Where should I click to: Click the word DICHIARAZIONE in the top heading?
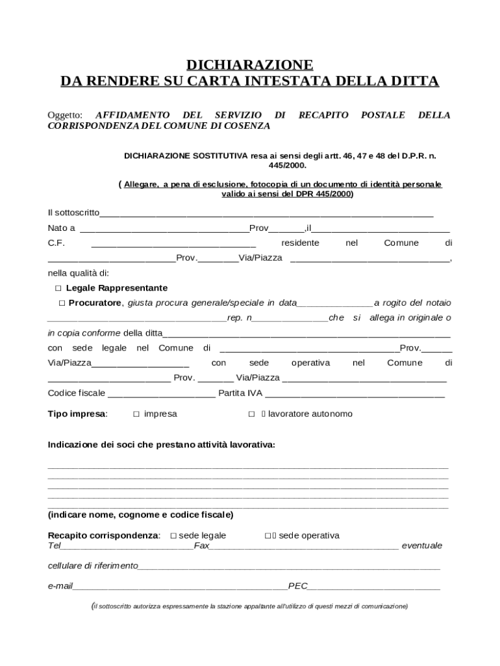[x=250, y=65]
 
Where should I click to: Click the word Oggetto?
[x=65, y=115]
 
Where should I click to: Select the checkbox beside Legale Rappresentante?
[x=58, y=288]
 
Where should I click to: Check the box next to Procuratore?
[x=62, y=303]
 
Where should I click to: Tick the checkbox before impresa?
[x=136, y=414]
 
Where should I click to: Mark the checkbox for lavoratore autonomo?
[x=251, y=414]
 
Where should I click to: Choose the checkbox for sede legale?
[x=173, y=536]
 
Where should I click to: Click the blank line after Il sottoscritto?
[x=266, y=213]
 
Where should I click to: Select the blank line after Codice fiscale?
[x=161, y=394]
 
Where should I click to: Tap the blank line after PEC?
[x=374, y=587]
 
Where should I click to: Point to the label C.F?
[x=56, y=243]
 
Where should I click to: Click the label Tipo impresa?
[x=77, y=414]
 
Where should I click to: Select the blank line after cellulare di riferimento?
[x=289, y=566]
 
